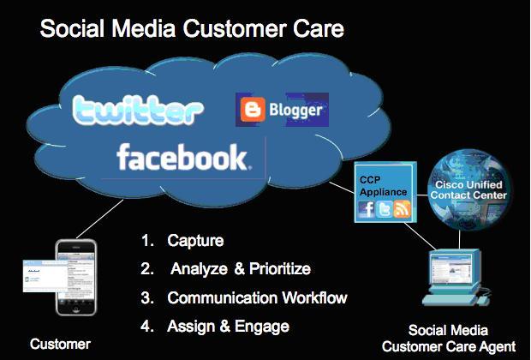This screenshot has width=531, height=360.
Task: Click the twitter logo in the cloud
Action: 138,110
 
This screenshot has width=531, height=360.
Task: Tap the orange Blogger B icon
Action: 253,109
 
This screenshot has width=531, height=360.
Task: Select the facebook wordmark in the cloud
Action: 184,157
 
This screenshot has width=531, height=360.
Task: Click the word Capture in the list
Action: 195,241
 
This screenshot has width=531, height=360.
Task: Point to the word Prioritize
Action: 280,269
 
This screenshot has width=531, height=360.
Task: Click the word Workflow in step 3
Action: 314,297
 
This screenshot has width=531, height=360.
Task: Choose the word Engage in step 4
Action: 262,327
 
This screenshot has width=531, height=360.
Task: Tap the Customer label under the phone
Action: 60,344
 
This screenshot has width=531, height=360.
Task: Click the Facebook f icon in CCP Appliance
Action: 367,209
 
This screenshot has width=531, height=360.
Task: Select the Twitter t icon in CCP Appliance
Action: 385,209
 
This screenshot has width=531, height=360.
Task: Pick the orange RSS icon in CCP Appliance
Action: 402,209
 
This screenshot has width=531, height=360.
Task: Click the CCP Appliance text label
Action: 383,186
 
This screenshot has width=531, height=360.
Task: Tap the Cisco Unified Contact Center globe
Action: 469,189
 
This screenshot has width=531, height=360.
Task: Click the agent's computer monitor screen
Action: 451,267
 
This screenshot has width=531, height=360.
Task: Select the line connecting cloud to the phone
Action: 99,219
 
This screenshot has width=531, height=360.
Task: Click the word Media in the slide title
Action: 144,28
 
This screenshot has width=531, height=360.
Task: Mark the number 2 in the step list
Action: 146,269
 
